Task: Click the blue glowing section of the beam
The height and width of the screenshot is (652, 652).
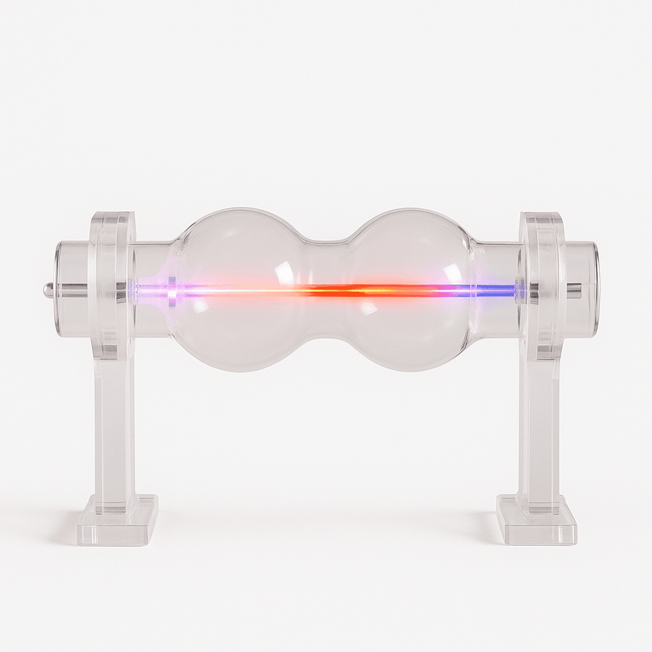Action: click(x=497, y=290)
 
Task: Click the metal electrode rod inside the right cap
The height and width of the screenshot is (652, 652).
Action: click(x=573, y=290)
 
